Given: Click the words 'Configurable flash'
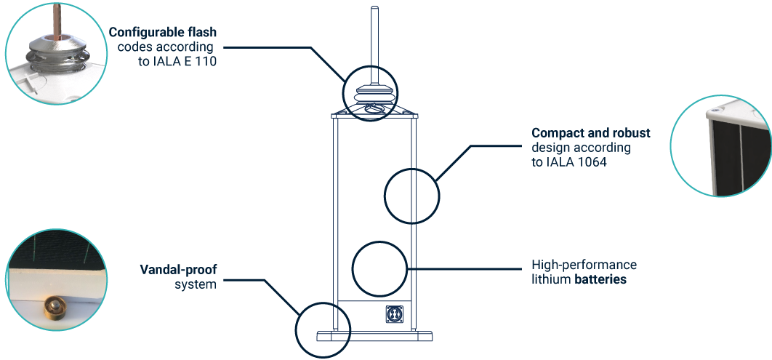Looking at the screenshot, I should [164, 33].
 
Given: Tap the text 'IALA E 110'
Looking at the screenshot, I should [188, 61].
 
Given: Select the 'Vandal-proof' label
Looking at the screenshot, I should [178, 271].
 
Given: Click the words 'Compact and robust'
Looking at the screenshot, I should [590, 134].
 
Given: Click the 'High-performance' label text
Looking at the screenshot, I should [584, 265].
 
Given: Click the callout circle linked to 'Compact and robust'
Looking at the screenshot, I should [411, 194].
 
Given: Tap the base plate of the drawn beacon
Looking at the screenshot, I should [375, 336].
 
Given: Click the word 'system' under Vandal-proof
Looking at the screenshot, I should [196, 285].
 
